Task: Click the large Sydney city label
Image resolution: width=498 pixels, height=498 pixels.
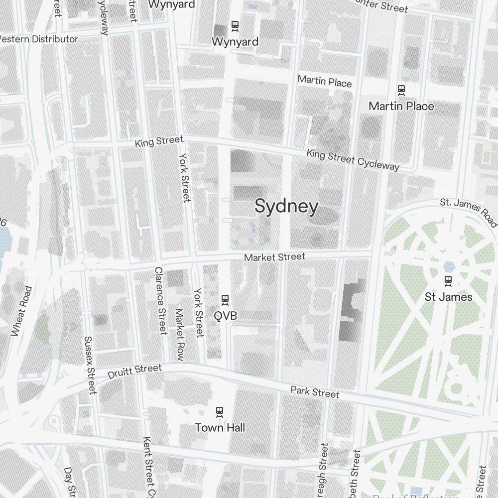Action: click(286, 206)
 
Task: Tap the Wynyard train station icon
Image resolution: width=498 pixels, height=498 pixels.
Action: click(235, 25)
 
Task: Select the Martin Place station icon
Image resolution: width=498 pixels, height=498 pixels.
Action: click(401, 90)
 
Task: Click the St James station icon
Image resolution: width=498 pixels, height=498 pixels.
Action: click(448, 281)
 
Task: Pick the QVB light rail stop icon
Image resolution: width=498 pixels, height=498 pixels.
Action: click(225, 299)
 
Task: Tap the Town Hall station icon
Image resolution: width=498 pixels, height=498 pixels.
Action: click(219, 411)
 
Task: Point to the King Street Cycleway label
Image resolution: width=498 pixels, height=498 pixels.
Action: click(353, 159)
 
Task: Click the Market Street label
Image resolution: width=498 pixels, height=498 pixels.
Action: click(274, 257)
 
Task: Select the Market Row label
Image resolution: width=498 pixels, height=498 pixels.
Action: click(179, 335)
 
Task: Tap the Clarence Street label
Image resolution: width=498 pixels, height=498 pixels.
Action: click(160, 301)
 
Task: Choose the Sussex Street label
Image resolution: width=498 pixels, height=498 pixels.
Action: click(89, 365)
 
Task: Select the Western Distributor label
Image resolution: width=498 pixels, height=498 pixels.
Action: click(39, 39)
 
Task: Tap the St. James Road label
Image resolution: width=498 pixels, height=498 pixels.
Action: click(468, 211)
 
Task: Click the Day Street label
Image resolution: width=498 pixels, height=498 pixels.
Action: click(68, 481)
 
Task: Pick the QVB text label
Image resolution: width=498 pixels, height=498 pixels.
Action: click(225, 316)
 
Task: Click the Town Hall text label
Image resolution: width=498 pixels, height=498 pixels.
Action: click(220, 427)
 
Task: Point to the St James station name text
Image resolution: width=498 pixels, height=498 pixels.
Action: click(448, 297)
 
